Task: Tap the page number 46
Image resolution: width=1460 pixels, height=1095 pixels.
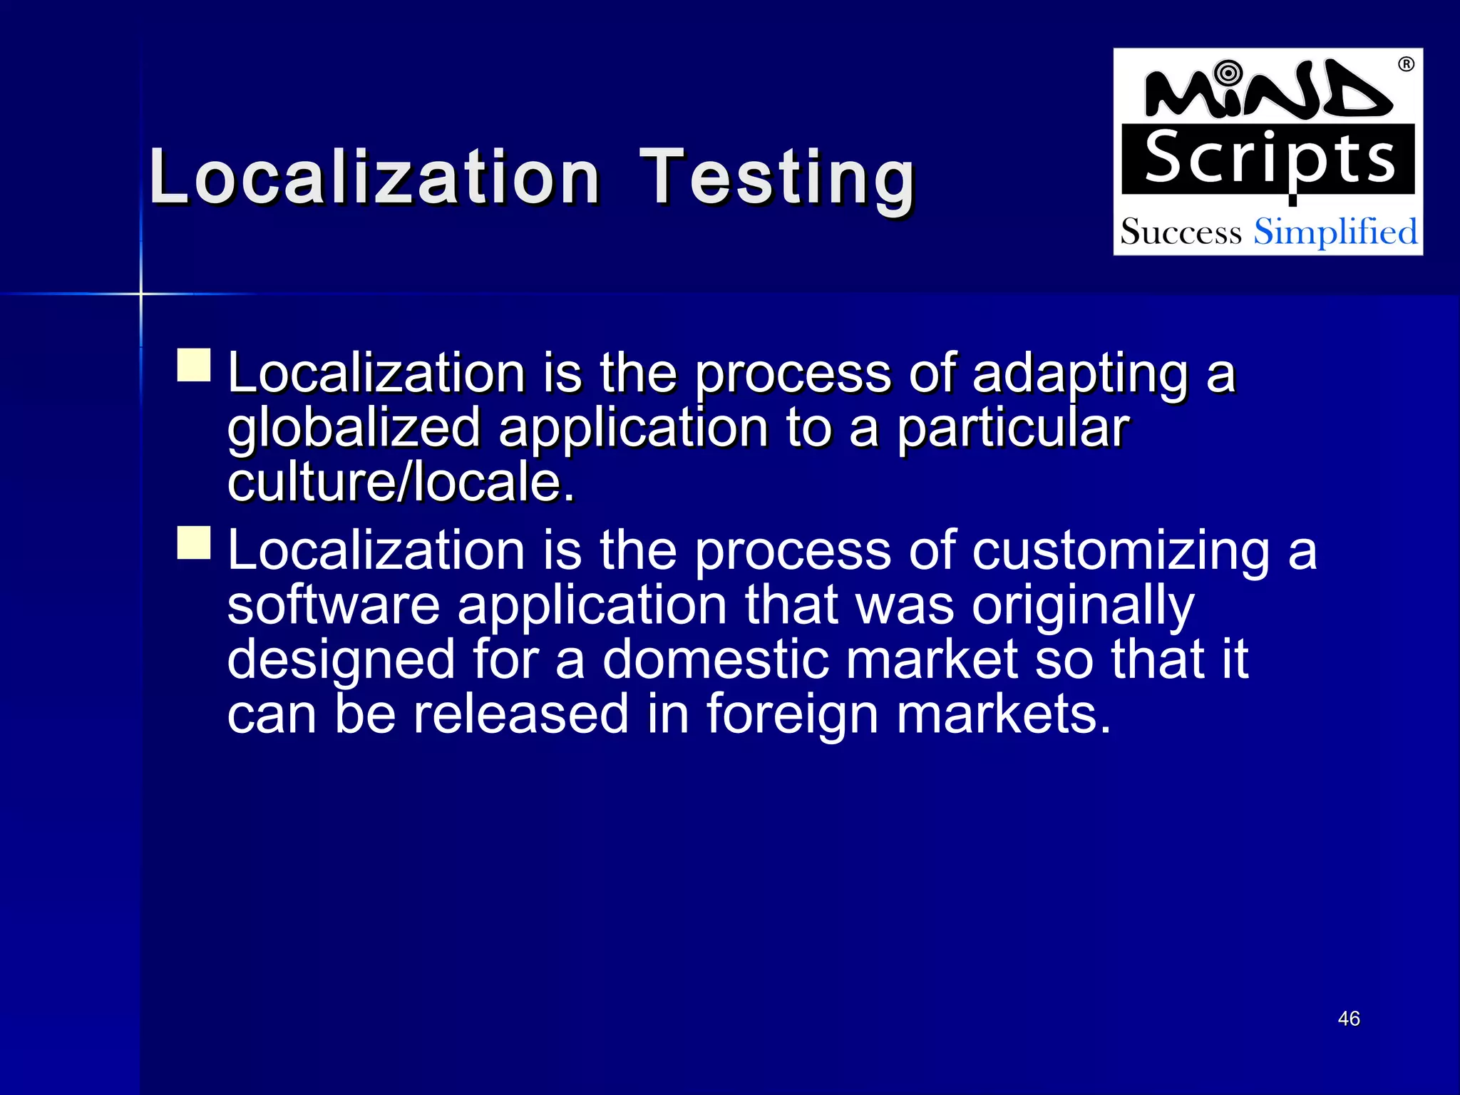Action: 1349,1019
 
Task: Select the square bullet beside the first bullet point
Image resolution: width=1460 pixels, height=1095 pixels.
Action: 194,365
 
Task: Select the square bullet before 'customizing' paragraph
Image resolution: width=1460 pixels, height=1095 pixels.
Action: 194,543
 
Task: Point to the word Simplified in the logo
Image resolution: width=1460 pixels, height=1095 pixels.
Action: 1335,232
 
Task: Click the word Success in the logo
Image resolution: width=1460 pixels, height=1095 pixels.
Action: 1181,232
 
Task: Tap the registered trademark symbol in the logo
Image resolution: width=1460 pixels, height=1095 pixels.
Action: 1406,65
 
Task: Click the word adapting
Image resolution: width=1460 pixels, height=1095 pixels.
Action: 1079,374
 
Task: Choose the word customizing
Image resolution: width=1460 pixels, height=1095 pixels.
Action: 1121,552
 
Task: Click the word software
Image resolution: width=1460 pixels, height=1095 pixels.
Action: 334,605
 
